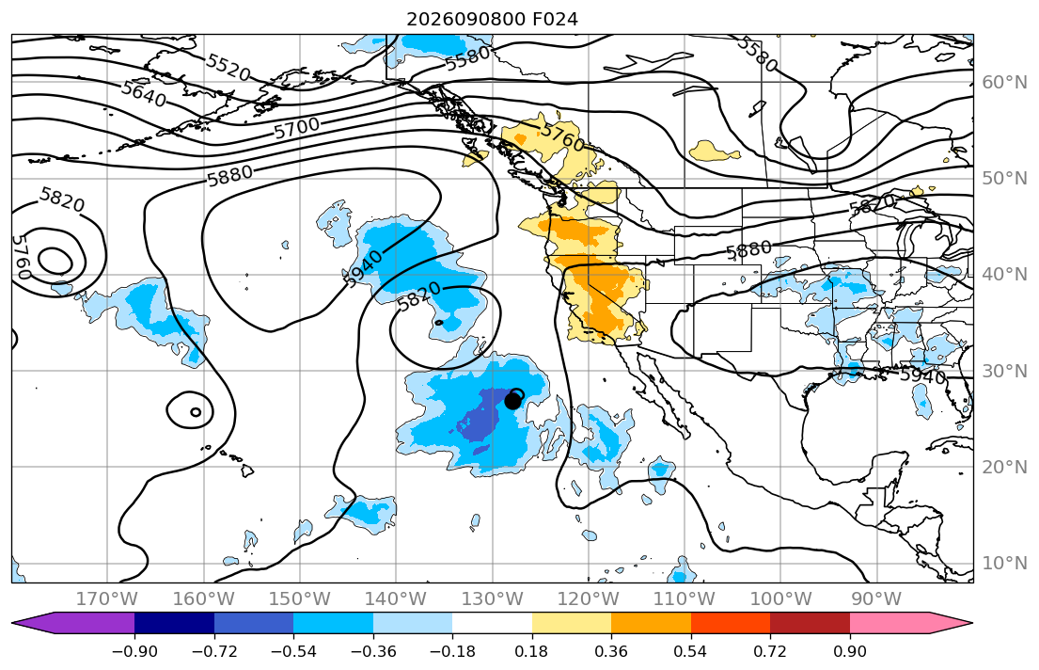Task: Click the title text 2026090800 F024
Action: [492, 19]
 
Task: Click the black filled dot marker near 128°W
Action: [512, 401]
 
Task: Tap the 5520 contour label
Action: [228, 67]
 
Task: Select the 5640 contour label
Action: [144, 93]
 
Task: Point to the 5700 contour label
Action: [297, 127]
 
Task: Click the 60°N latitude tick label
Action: [1004, 82]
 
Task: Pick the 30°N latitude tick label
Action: [1004, 371]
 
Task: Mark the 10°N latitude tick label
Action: [1004, 564]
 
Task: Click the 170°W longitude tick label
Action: [107, 599]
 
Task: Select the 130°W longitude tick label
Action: [493, 599]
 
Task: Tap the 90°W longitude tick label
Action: [876, 599]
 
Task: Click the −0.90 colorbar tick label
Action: [134, 651]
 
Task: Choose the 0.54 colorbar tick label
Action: [690, 651]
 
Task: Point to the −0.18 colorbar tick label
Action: [452, 651]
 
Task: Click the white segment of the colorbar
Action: [493, 624]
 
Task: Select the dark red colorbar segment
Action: [810, 624]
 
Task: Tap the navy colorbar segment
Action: [174, 624]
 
